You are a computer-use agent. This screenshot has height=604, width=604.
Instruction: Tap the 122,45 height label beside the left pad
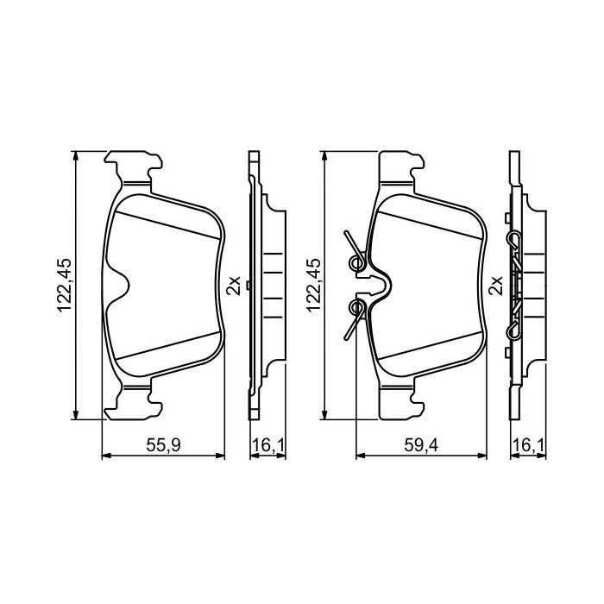click(64, 286)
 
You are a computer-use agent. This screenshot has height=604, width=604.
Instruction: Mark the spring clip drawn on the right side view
click(515, 285)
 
